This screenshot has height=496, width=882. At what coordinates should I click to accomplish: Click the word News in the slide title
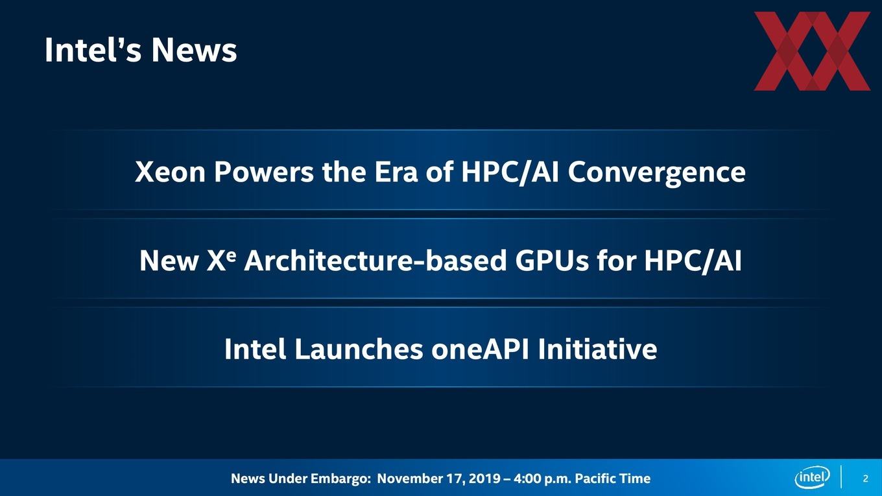coord(194,50)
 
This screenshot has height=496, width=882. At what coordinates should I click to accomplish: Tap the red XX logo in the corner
coord(812,51)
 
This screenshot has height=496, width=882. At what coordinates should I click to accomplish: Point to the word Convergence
coord(656,173)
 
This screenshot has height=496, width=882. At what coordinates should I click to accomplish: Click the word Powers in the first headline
coord(264,172)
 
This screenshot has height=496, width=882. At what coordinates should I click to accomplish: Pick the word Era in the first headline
coord(396,172)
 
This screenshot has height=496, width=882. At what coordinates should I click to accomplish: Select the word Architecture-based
coord(375,261)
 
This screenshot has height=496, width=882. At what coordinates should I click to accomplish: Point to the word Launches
coord(359,349)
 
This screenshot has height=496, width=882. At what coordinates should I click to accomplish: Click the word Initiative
coord(598,349)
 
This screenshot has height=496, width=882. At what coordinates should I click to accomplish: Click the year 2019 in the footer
coord(485,478)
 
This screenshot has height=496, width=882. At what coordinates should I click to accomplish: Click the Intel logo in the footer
coord(812,477)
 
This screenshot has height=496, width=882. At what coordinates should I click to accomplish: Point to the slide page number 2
coord(865,478)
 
